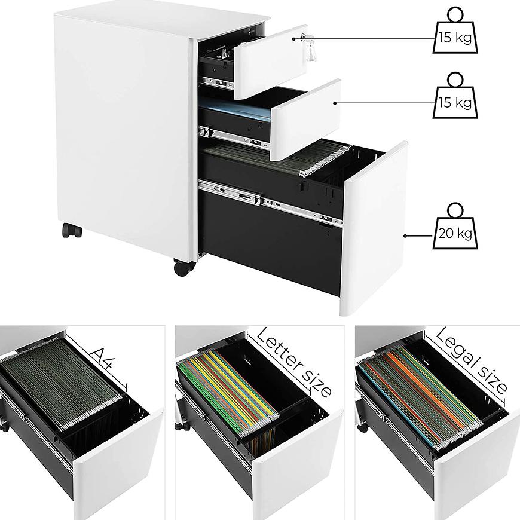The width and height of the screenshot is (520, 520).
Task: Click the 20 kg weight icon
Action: click(455, 226)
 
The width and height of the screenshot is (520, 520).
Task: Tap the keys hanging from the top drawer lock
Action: click(310, 49)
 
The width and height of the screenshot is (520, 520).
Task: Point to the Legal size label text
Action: click(470, 361)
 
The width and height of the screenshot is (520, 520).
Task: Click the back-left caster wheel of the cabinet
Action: click(72, 231)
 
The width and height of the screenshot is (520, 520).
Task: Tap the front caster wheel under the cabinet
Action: click(184, 267)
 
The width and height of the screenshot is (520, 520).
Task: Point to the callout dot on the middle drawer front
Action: click(335, 103)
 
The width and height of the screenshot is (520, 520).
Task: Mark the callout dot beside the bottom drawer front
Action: click(405, 236)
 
